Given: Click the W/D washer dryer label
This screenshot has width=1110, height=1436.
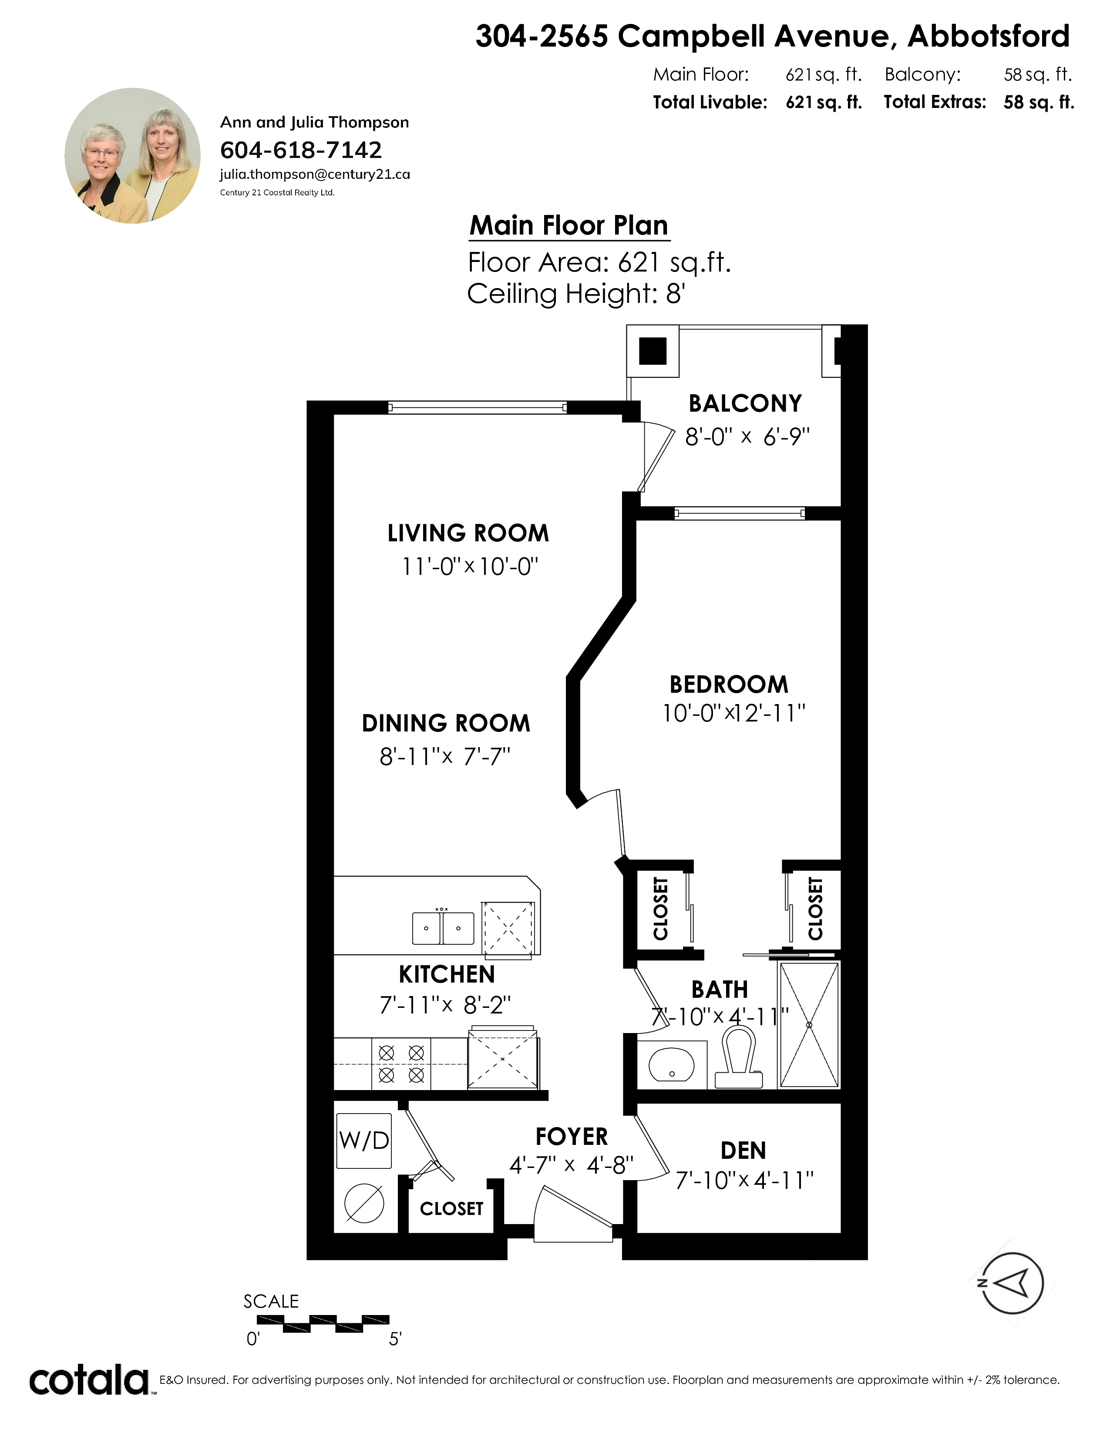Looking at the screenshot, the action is [x=363, y=1140].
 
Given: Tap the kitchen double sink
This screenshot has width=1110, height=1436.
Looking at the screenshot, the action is [x=443, y=928].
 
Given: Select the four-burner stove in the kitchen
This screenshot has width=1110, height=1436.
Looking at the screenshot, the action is [x=401, y=1064].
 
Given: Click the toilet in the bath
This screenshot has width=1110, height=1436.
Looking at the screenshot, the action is [x=738, y=1057].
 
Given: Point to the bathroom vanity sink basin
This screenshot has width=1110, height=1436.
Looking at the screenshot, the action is [x=671, y=1064].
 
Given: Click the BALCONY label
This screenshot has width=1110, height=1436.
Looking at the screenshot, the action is [x=745, y=403].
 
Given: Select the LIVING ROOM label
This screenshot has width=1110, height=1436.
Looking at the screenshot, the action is [x=468, y=533].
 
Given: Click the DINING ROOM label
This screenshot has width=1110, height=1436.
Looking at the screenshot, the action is [x=446, y=723].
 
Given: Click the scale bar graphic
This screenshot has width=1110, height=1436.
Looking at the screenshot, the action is [x=323, y=1324].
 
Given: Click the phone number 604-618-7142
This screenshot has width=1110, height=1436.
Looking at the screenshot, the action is [x=300, y=150].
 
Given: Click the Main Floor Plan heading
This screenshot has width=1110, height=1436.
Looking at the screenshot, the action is [x=569, y=225].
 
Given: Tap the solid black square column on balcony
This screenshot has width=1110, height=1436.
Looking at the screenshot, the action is [x=653, y=350].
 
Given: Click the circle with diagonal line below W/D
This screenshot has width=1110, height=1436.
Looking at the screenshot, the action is [x=364, y=1203].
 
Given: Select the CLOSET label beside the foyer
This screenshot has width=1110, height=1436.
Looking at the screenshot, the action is [x=452, y=1208].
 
